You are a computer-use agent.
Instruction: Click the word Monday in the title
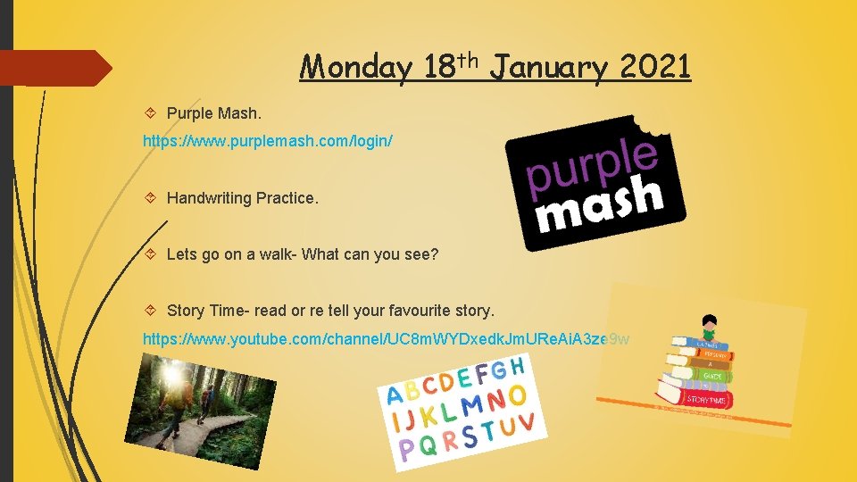pyautogui.click(x=355, y=67)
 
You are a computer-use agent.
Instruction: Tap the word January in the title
pyautogui.click(x=547, y=67)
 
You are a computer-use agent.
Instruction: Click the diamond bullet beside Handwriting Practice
pyautogui.click(x=151, y=198)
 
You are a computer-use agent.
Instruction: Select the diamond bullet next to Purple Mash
pyautogui.click(x=151, y=114)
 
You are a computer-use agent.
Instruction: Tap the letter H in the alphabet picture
pyautogui.click(x=516, y=366)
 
